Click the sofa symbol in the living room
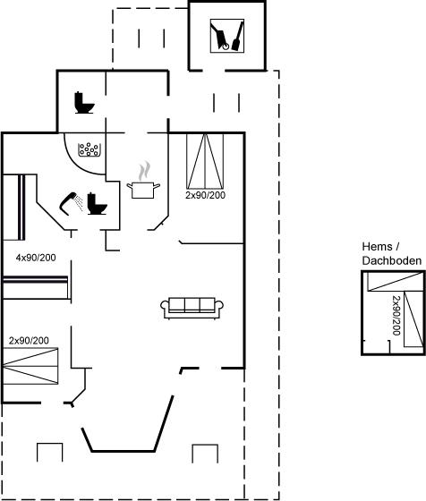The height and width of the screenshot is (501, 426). coord(192,308)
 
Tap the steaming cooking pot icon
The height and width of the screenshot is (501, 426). coord(143,181)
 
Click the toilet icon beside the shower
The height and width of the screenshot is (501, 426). coord(97,204)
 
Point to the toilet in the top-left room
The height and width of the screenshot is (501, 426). coord(84,103)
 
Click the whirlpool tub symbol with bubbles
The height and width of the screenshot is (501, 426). coord(89,149)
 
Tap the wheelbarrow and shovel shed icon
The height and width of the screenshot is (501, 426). coord(227,36)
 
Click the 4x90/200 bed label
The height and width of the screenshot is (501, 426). coord(36,258)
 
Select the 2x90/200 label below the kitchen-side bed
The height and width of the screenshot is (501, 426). coord(206,195)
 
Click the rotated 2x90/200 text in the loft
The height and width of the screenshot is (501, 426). coord(396,316)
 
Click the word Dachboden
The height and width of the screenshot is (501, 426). coord(392,260)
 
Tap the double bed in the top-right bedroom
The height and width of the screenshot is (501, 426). coord(205,161)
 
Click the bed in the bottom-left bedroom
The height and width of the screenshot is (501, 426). coord(30,366)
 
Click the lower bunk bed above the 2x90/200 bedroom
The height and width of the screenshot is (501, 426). coord(36,287)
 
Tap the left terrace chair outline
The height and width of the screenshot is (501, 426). coord(49,444)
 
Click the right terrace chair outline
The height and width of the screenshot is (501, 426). coord(205,445)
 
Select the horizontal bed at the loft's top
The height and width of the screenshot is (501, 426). coord(396,282)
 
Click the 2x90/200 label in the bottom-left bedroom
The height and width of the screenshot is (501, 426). coord(29,341)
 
